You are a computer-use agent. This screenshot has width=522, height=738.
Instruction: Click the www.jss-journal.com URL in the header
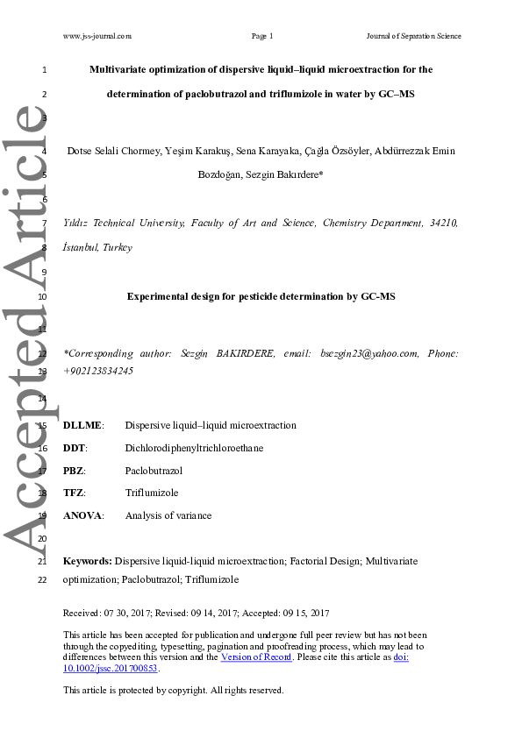coord(97,36)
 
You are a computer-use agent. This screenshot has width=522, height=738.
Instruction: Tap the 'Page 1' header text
coord(262,36)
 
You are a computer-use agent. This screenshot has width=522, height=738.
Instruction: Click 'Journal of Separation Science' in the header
coord(413,36)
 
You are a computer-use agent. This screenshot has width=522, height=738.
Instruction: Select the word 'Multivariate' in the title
coord(119,68)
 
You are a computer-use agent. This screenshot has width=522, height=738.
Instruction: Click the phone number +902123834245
coord(98,371)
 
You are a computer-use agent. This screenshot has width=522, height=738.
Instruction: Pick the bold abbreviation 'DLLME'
coord(82,425)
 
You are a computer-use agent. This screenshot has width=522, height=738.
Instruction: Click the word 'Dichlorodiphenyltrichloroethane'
coord(194,448)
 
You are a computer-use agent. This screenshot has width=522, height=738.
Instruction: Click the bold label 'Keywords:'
coord(88,559)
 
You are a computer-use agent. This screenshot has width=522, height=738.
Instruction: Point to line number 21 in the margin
coord(43,559)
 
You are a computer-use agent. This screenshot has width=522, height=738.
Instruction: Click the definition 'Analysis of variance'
coord(168,516)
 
